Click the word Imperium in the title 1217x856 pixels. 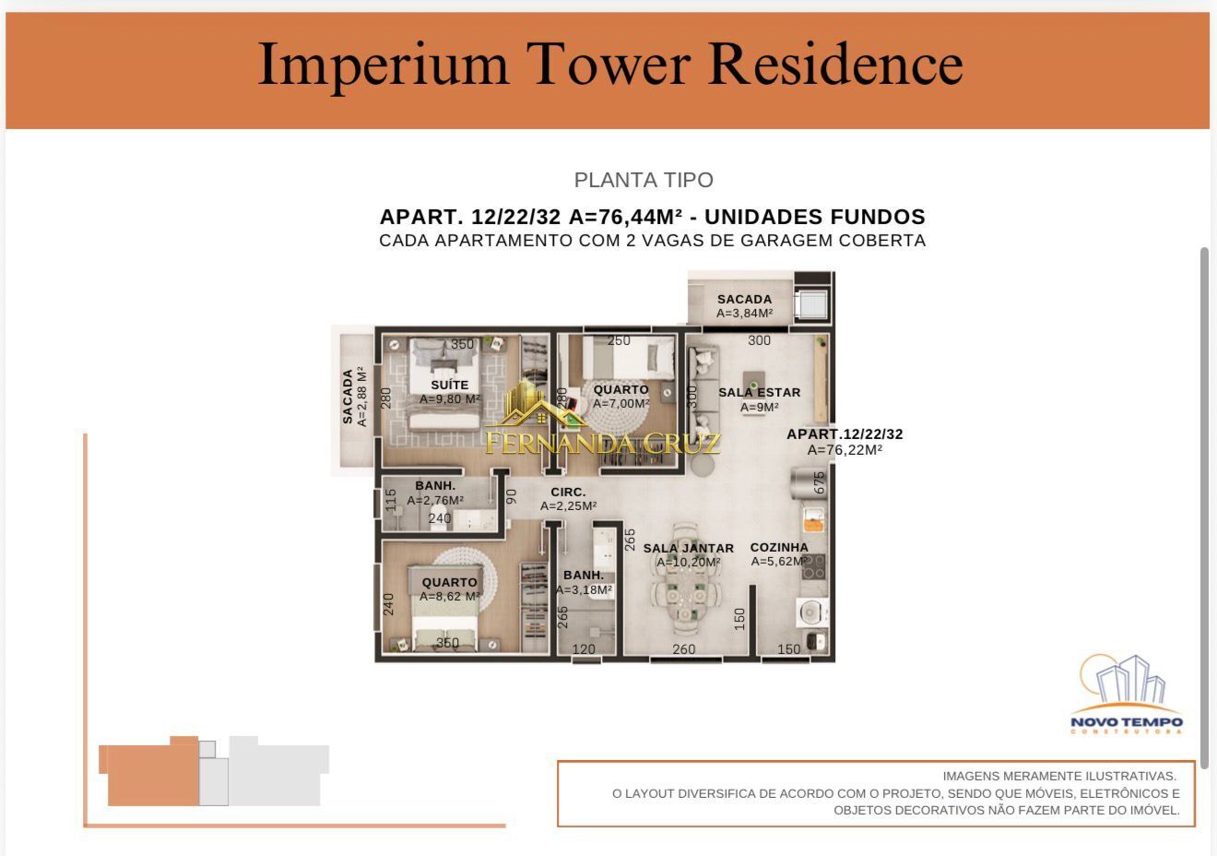[383, 65]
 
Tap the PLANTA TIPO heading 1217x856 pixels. [644, 180]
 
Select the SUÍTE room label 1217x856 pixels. [449, 385]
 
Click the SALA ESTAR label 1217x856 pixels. [759, 392]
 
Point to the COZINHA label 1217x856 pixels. [779, 547]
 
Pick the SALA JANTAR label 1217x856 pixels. [689, 548]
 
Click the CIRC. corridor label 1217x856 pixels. [568, 492]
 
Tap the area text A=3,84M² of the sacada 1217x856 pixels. [744, 314]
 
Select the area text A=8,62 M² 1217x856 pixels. [449, 596]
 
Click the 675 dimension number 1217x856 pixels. [819, 482]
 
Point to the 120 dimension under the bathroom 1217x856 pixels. [584, 649]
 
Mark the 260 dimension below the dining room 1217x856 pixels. [683, 649]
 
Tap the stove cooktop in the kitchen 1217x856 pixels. [814, 566]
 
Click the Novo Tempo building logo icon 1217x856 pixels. [1126, 682]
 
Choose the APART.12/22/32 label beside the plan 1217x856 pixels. [845, 434]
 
